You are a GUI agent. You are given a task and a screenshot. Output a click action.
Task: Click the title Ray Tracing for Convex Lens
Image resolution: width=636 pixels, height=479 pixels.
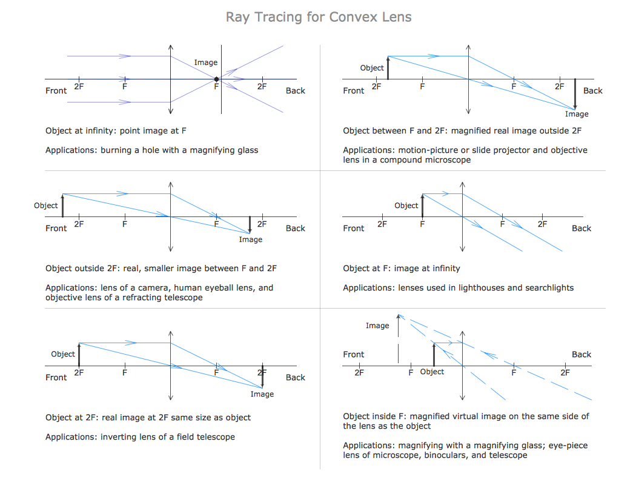(319, 17)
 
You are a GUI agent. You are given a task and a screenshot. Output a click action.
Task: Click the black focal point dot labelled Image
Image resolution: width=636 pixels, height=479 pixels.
(217, 79)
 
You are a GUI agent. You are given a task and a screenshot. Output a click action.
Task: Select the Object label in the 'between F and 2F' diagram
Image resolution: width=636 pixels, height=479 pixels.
(372, 68)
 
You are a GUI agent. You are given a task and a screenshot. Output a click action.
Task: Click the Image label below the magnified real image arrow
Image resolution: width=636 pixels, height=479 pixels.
(577, 114)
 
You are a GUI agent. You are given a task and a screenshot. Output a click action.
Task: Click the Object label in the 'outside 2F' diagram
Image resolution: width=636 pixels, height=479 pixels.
(46, 206)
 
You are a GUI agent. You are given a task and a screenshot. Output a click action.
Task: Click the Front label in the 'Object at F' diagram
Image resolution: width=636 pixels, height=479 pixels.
(354, 229)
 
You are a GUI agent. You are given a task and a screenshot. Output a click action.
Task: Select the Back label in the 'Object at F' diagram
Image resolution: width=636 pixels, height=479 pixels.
(581, 229)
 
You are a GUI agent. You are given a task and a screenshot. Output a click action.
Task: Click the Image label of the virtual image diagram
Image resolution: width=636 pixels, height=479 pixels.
(377, 326)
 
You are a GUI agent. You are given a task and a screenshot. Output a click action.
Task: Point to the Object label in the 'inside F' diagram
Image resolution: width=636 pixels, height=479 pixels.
(432, 372)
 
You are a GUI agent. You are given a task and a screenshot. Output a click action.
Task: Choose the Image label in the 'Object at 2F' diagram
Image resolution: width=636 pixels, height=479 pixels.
(262, 394)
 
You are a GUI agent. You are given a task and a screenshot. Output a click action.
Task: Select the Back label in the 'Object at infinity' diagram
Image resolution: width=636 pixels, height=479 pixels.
(296, 91)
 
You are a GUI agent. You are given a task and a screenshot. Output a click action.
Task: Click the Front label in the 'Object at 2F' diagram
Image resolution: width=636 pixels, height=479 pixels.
(56, 378)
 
